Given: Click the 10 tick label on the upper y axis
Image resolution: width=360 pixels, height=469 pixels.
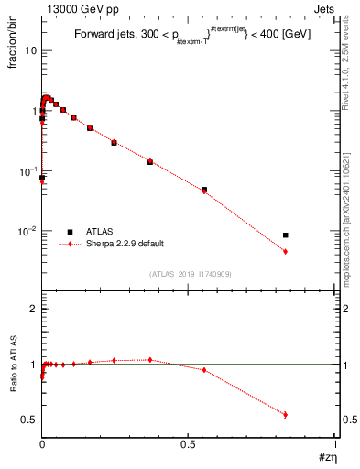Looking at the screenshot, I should tap(30, 50).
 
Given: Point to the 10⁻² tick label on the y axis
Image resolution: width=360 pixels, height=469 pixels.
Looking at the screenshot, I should tap(27, 231).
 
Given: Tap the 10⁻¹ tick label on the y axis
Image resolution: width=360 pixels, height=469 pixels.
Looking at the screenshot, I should tap(27, 170).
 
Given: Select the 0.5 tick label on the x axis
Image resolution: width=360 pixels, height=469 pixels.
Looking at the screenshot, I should tap(189, 446).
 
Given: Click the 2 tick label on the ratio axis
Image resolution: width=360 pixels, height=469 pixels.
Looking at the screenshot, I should tap(34, 309).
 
